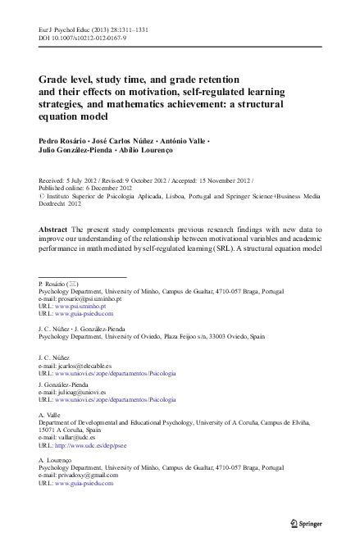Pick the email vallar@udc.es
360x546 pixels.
click(80, 438)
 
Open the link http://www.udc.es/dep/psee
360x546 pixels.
click(96, 446)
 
